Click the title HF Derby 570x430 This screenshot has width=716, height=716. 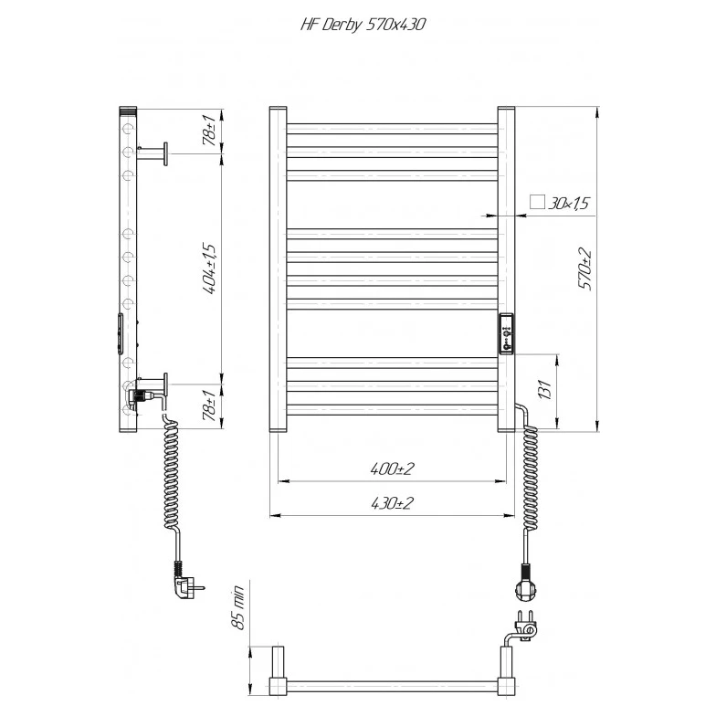pos(363,25)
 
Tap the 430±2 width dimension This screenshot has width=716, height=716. pos(392,503)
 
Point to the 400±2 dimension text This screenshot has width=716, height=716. pos(392,469)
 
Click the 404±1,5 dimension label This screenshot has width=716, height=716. pos(211,269)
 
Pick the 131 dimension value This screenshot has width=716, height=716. pos(545,389)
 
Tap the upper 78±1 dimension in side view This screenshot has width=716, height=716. pos(211,131)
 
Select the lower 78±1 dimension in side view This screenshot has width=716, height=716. pos(211,405)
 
